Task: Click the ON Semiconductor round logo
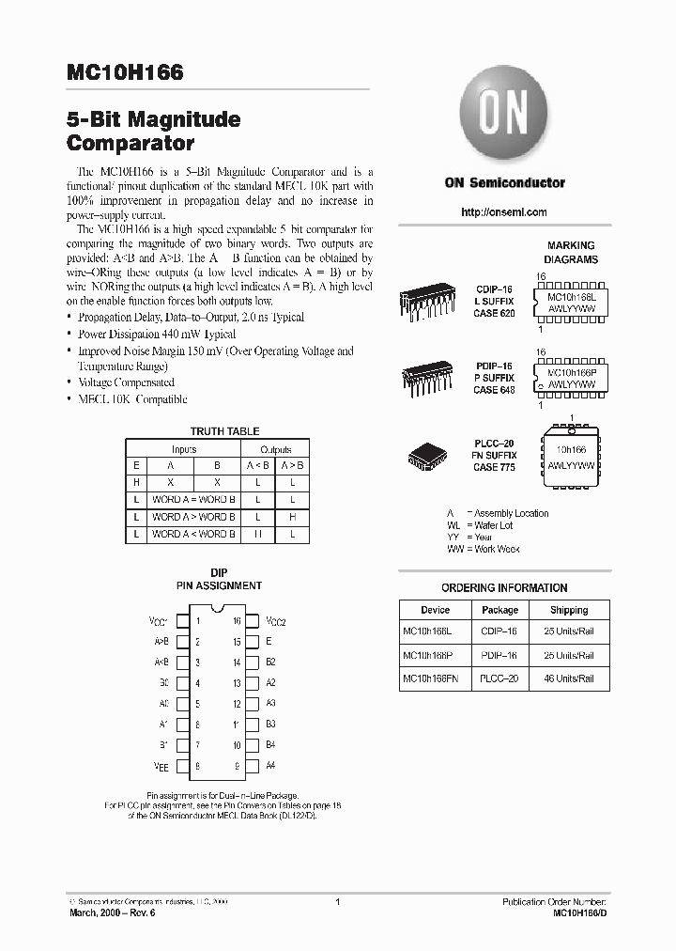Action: pos(505,117)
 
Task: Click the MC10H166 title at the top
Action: pos(125,72)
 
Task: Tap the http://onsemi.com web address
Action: pos(504,212)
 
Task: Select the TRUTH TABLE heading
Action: pos(224,431)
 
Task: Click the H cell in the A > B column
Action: pos(293,517)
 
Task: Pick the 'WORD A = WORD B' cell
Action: pos(193,499)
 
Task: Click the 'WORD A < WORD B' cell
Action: pos(193,534)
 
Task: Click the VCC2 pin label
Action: pos(275,621)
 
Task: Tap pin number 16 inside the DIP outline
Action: pos(237,621)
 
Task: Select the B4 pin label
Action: pos(270,745)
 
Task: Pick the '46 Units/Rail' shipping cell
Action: pos(569,678)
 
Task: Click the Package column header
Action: pos(499,610)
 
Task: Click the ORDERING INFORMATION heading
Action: pos(504,588)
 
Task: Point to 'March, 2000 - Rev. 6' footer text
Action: pos(109,912)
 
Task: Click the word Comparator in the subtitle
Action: pos(131,145)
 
